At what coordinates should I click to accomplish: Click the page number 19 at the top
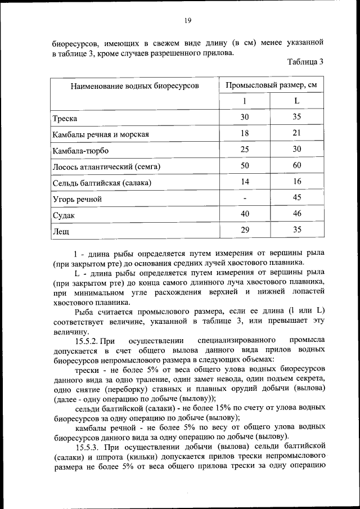click(188, 21)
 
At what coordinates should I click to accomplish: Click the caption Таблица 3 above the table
click(305, 62)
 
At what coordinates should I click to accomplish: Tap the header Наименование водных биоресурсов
click(134, 85)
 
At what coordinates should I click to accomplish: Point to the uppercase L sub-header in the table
click(296, 101)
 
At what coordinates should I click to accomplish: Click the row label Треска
click(65, 119)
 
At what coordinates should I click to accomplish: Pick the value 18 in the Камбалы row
click(245, 133)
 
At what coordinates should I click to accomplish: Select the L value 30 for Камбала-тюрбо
click(297, 149)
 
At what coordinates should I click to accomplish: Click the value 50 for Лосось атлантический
click(245, 165)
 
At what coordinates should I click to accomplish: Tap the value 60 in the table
click(297, 165)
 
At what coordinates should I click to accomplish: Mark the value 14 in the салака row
click(245, 182)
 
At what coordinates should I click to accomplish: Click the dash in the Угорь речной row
click(245, 199)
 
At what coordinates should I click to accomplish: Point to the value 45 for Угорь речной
click(297, 197)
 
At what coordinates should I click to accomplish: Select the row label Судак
click(64, 215)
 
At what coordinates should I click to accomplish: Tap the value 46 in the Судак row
click(297, 214)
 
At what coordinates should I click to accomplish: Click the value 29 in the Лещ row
click(245, 230)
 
